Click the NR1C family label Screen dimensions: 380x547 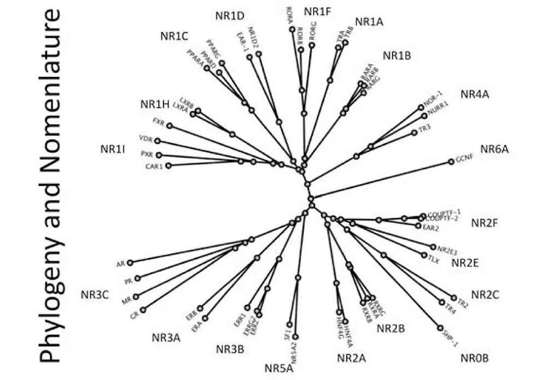(x=174, y=36)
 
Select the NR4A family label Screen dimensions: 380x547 (x=474, y=94)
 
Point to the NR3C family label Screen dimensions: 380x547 (x=95, y=295)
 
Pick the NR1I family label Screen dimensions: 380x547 (x=113, y=148)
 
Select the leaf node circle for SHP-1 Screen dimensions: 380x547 (x=439, y=328)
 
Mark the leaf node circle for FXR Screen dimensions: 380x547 (x=170, y=126)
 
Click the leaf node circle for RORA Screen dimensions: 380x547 (x=292, y=28)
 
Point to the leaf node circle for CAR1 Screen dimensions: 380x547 (x=168, y=165)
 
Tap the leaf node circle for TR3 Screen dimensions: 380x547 (x=414, y=133)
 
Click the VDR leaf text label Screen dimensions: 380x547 (x=146, y=139)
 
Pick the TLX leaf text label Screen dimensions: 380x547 (x=434, y=256)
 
